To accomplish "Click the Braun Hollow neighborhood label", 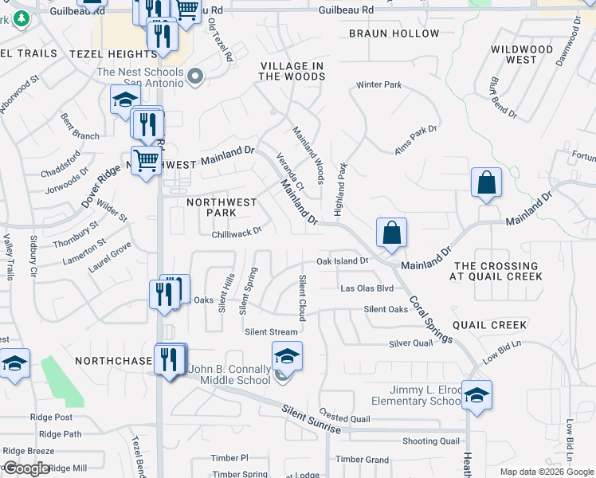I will pyautogui.click(x=394, y=33).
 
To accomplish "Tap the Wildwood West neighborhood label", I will pyautogui.click(x=523, y=54).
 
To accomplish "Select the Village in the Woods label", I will pyautogui.click(x=292, y=71).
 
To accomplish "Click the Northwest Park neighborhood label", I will pyautogui.click(x=211, y=207).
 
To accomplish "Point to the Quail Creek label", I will pyautogui.click(x=489, y=325).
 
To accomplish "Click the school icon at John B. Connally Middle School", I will pyautogui.click(x=288, y=356).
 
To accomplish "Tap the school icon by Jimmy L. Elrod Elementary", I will pyautogui.click(x=476, y=394).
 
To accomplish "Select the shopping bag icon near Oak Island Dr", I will pyautogui.click(x=391, y=233).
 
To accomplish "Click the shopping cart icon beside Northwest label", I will pyautogui.click(x=146, y=160).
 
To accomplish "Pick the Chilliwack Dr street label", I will pyautogui.click(x=237, y=232).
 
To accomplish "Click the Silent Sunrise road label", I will pyautogui.click(x=311, y=419).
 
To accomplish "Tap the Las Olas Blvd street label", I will pyautogui.click(x=367, y=288).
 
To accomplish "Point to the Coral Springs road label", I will pyautogui.click(x=431, y=320).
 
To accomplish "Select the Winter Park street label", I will pyautogui.click(x=379, y=84).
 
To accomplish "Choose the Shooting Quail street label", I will pyautogui.click(x=430, y=441).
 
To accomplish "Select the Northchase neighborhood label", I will pyautogui.click(x=113, y=361).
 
